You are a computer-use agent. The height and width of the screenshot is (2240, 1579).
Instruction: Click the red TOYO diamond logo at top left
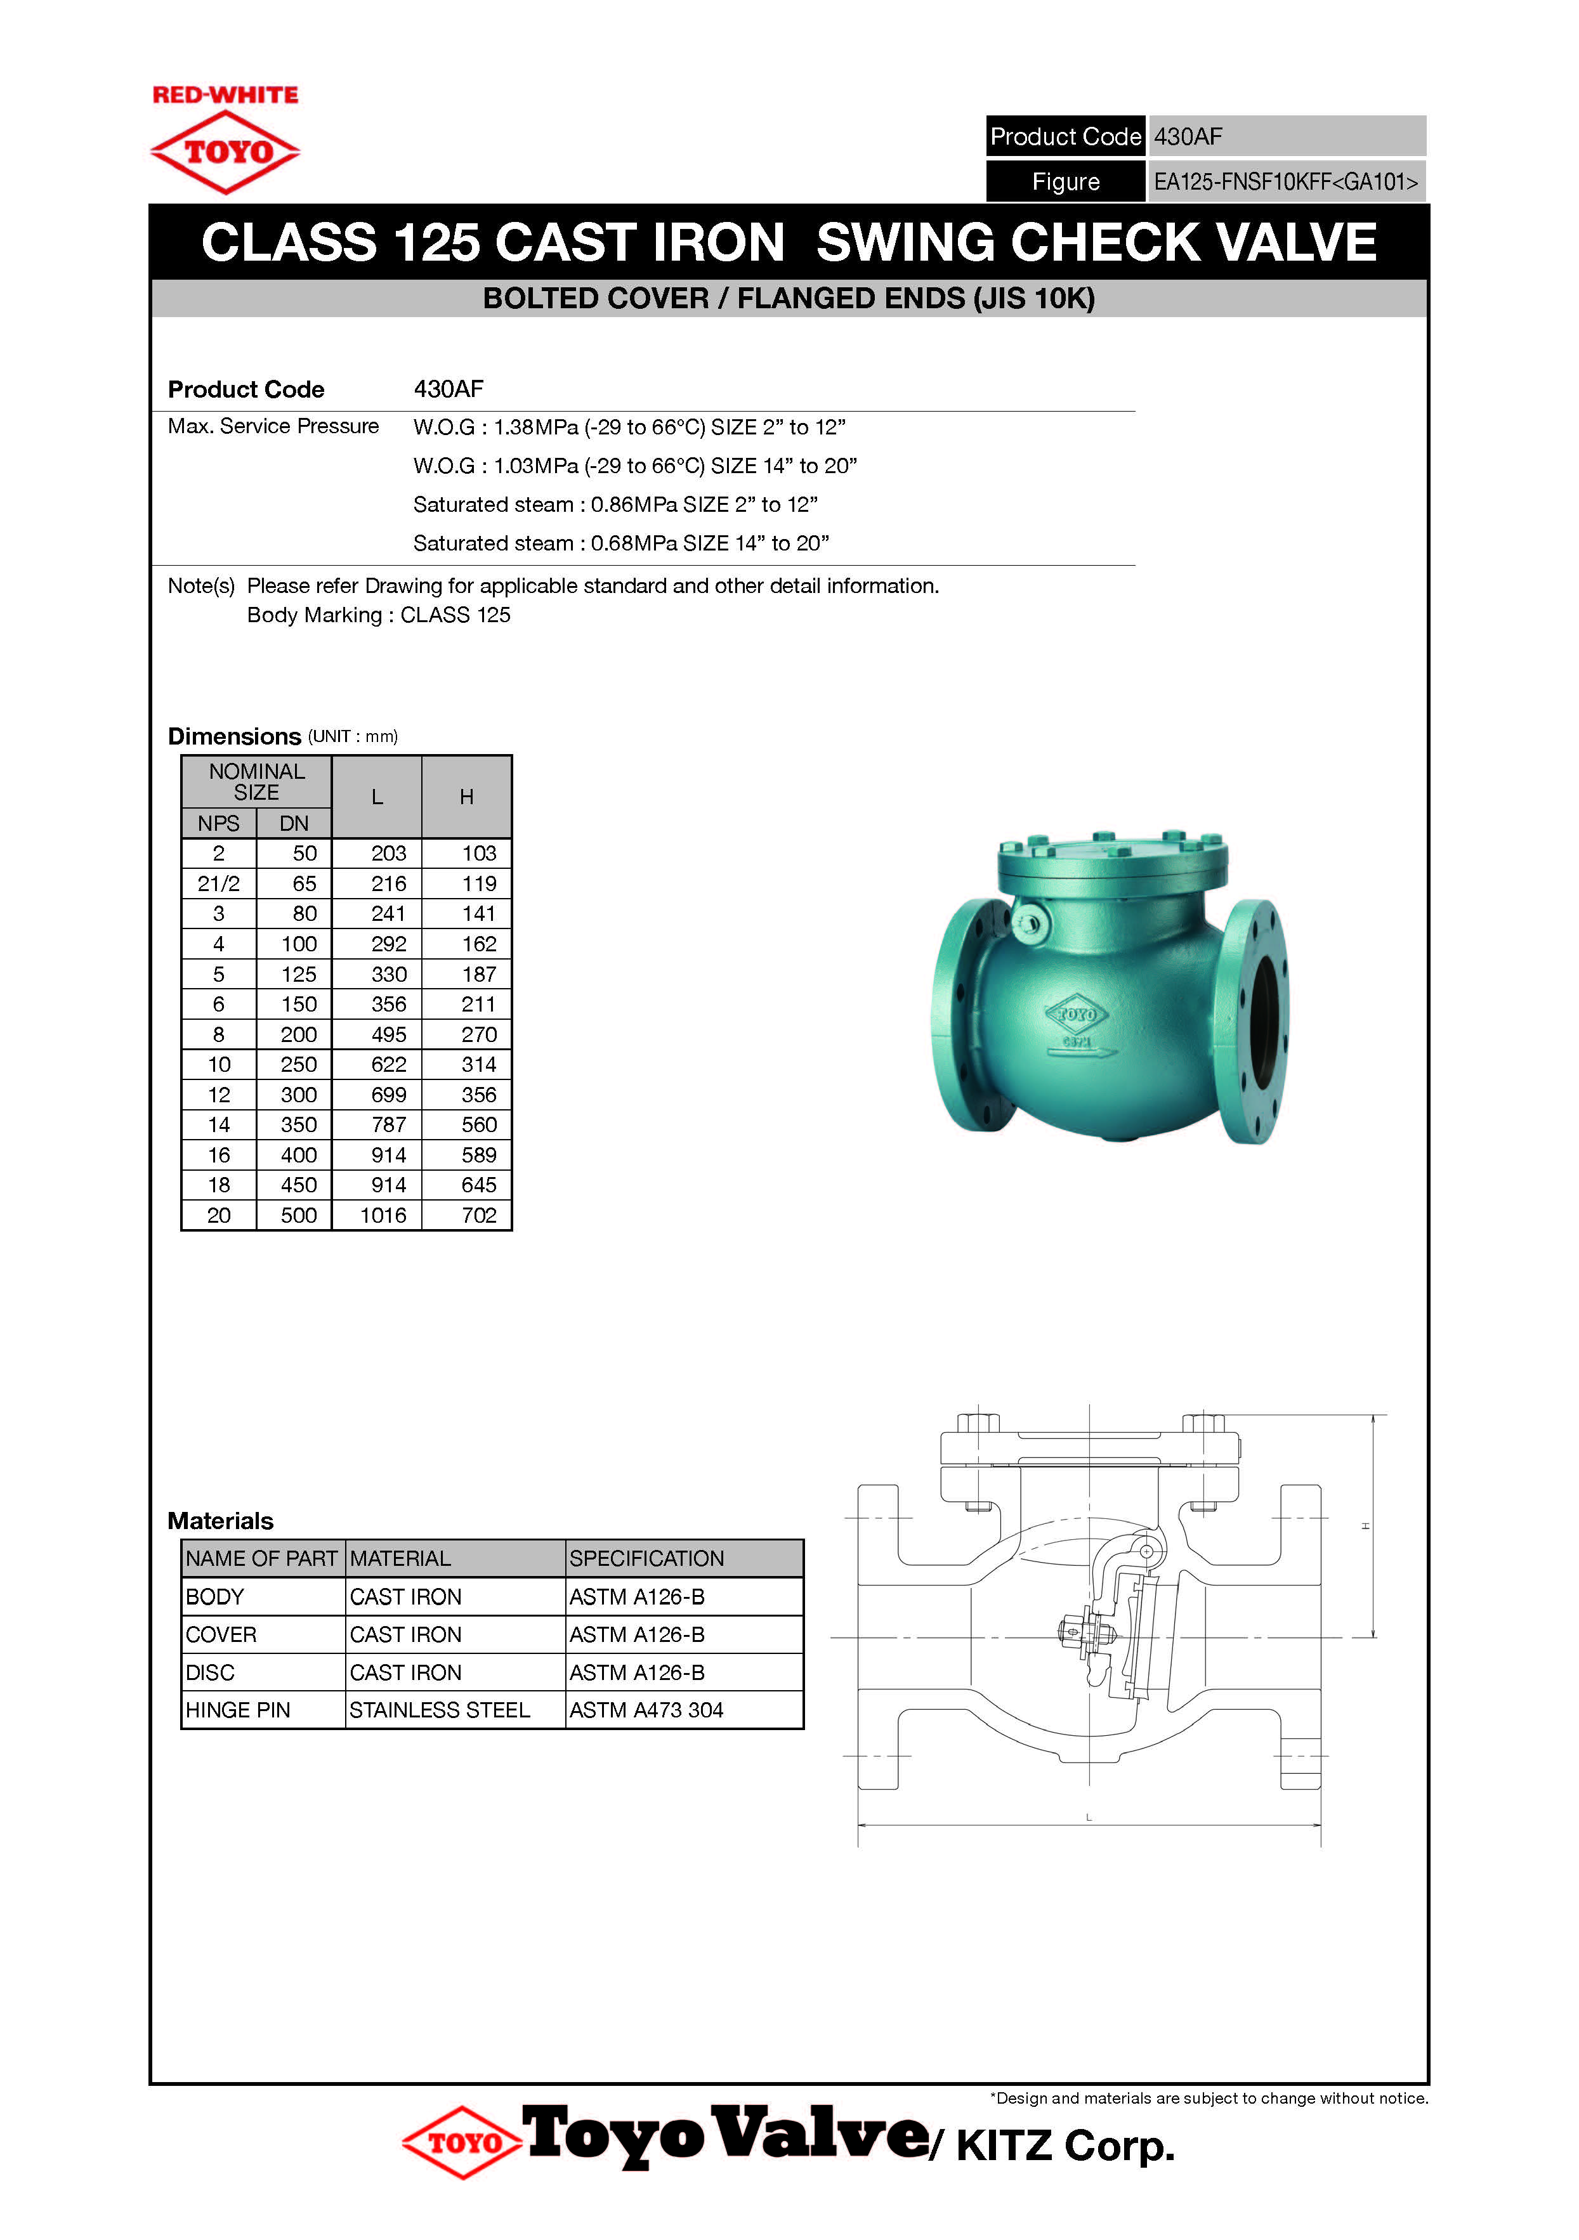pos(225,151)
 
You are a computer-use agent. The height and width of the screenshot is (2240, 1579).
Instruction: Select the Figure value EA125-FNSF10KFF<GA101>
pos(1285,181)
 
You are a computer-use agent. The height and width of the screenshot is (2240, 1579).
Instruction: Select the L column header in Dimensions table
pos(377,797)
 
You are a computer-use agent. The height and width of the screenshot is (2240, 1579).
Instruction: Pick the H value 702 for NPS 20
pos(478,1216)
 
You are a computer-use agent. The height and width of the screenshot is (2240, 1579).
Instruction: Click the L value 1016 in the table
pos(384,1216)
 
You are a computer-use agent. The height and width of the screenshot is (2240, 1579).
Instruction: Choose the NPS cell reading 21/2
pos(219,884)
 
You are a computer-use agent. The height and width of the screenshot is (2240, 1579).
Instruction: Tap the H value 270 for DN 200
pos(478,1035)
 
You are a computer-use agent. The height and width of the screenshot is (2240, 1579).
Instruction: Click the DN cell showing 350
pos(299,1125)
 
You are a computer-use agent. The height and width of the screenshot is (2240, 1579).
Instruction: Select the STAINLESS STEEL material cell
pos(439,1710)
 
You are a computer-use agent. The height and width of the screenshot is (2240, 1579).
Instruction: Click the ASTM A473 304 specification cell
pos(646,1710)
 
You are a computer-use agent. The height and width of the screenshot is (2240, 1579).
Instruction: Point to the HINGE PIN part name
pos(238,1710)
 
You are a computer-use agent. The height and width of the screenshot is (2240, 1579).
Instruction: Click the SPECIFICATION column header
pos(646,1559)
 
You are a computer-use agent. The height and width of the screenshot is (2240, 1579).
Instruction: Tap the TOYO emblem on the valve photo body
pos(1077,1015)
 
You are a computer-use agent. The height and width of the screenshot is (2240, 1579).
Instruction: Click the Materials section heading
pos(221,1521)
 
